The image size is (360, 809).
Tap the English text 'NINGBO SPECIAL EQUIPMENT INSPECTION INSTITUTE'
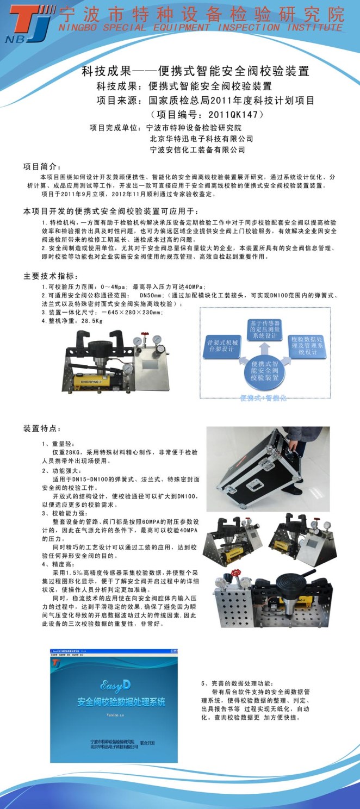(x=201, y=27)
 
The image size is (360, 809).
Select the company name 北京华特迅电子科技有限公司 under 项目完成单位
(x=201, y=139)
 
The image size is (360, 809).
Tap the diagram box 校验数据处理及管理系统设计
(x=307, y=345)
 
